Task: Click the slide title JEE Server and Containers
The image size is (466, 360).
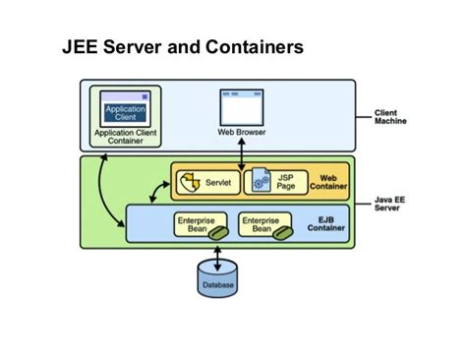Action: (x=183, y=46)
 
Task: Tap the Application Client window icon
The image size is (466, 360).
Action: (x=125, y=108)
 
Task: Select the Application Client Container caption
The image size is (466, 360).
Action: (x=125, y=136)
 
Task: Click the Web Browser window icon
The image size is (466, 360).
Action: (x=241, y=106)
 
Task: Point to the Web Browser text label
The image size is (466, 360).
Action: (x=241, y=132)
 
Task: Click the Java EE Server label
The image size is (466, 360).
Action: (x=392, y=204)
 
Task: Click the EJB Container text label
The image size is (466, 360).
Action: (x=327, y=227)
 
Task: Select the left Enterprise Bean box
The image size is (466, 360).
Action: (x=200, y=226)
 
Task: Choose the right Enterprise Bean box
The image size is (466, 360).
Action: (x=265, y=226)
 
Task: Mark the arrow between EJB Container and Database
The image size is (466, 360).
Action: (x=216, y=252)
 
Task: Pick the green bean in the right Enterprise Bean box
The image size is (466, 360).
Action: (x=282, y=232)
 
